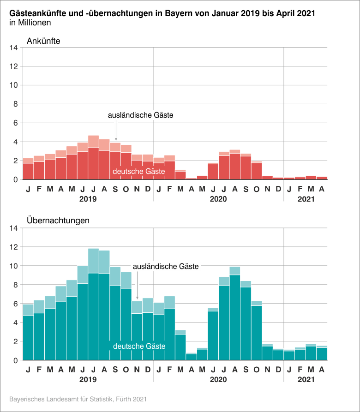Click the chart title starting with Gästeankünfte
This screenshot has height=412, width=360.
pos(162,13)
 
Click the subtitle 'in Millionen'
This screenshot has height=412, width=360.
pos(30,22)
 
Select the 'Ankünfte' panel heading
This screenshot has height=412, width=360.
pos(43,41)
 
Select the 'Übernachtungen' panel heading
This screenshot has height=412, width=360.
pos(58,221)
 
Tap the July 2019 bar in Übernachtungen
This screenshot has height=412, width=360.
pos(94,314)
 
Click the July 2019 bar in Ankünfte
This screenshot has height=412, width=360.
pos(94,161)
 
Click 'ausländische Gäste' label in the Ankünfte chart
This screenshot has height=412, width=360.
pos(140,115)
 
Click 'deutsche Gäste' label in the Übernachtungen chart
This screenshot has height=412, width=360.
pos(139,346)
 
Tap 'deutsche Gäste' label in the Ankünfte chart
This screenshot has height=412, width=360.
pos(139,172)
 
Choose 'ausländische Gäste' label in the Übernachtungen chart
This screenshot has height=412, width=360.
pos(166,266)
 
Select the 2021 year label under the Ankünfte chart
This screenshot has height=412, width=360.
pos(306,199)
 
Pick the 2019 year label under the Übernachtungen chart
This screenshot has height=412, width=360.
pos(88,380)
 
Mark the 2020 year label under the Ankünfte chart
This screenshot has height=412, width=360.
pos(218,199)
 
